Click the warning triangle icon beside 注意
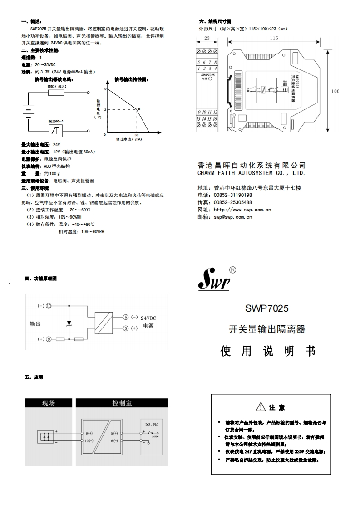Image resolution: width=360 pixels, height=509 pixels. point(260,406)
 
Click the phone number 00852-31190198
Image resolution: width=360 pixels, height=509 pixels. point(232,195)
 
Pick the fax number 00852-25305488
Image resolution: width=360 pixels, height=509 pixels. point(232,202)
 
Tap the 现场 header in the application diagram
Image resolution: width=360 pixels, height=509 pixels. point(49,403)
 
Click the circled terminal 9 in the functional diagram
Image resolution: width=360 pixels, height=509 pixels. point(49,339)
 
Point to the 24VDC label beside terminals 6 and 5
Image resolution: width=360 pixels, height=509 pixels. point(148,318)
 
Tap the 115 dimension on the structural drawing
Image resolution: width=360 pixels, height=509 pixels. point(274,39)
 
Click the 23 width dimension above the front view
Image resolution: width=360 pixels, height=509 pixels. point(207,39)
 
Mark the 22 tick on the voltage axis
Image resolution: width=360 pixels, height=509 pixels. point(104,89)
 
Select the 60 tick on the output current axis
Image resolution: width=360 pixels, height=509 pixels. point(137,135)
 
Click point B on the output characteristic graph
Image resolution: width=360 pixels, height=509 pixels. point(138,108)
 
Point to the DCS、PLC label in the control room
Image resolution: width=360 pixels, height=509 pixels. point(151,424)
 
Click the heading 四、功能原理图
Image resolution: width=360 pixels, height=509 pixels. point(41,278)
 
